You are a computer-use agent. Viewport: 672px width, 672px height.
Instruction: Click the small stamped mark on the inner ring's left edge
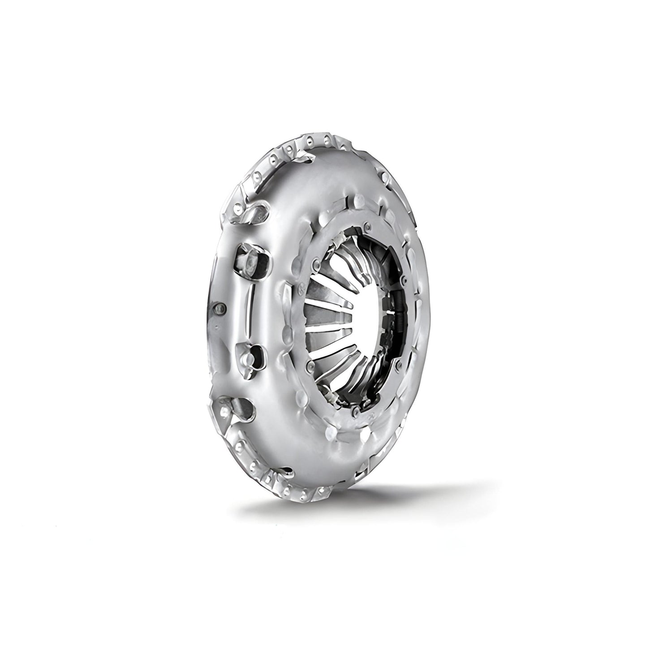[299, 291]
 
